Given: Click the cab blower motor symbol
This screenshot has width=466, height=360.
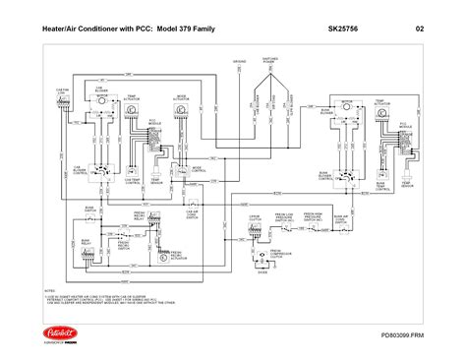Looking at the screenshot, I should (x=99, y=103).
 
